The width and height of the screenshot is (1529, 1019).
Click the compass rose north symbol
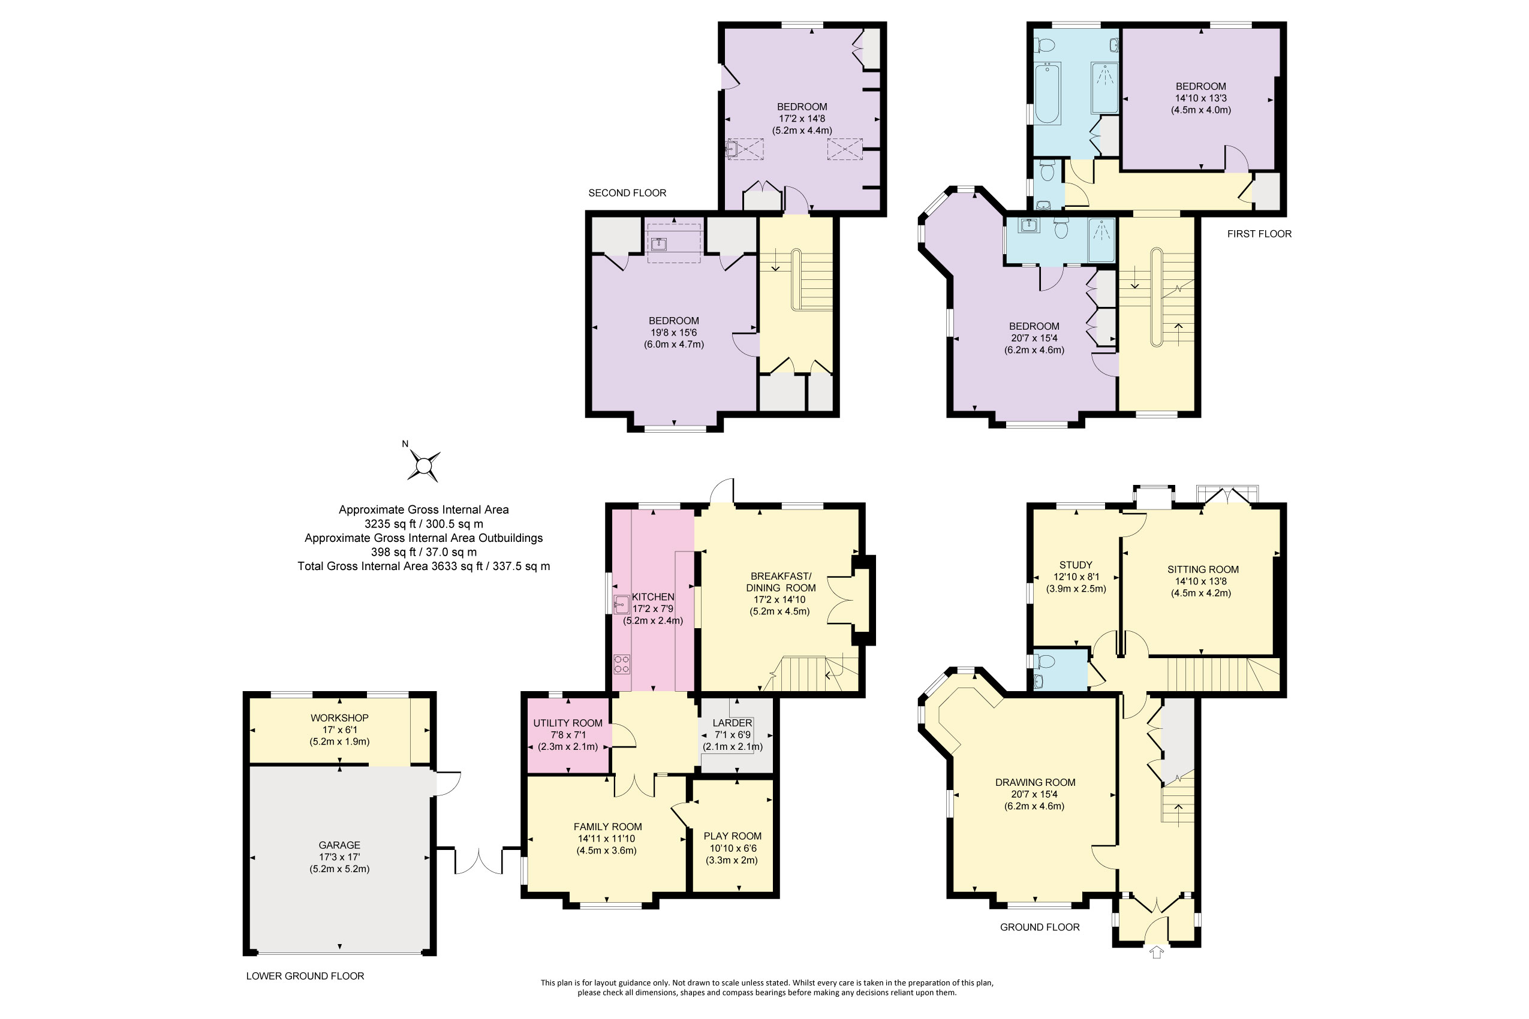[423, 465]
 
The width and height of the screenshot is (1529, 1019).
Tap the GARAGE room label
[339, 845]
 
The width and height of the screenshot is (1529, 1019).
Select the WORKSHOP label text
[339, 717]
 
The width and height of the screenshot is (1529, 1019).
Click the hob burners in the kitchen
[621, 664]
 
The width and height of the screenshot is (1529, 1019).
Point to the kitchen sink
[620, 604]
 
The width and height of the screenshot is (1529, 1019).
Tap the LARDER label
[732, 723]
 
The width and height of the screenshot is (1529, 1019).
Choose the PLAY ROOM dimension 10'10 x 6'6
[732, 848]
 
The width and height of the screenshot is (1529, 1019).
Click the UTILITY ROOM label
[567, 723]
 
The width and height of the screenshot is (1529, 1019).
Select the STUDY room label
[1076, 565]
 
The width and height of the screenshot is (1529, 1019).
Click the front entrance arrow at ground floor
[1156, 952]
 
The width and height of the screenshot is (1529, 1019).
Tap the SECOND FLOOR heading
[627, 193]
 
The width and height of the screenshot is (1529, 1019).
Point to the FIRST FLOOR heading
[1259, 234]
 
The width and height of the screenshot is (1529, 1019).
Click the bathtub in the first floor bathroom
[1047, 94]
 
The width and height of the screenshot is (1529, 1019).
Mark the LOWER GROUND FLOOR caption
[305, 975]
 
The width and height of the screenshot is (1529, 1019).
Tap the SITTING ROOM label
[1203, 569]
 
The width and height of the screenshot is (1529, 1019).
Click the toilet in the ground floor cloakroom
[1045, 662]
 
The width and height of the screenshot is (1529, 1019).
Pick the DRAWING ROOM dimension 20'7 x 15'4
[1034, 794]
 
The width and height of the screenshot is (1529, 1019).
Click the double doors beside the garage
[478, 862]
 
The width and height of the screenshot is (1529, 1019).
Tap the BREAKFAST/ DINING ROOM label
[781, 581]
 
